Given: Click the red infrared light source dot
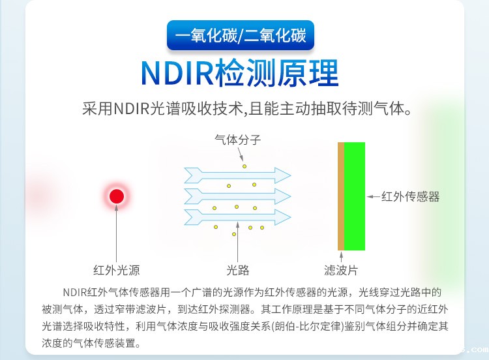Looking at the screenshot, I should pyautogui.click(x=117, y=196).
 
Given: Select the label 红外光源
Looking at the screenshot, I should pyautogui.click(x=117, y=270).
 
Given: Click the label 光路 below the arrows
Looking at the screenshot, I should pyautogui.click(x=237, y=270).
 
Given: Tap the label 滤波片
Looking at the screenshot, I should pyautogui.click(x=340, y=270).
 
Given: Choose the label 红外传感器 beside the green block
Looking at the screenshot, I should pyautogui.click(x=410, y=196).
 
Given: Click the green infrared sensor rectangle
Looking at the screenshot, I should pyautogui.click(x=355, y=196).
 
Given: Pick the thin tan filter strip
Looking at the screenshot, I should pyautogui.click(x=340, y=196).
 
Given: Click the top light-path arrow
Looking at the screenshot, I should pyautogui.click(x=237, y=175).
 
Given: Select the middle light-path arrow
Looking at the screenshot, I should pyautogui.click(x=237, y=196).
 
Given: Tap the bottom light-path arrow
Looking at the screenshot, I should pyautogui.click(x=237, y=217).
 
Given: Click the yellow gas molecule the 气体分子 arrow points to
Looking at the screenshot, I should pyautogui.click(x=245, y=166).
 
